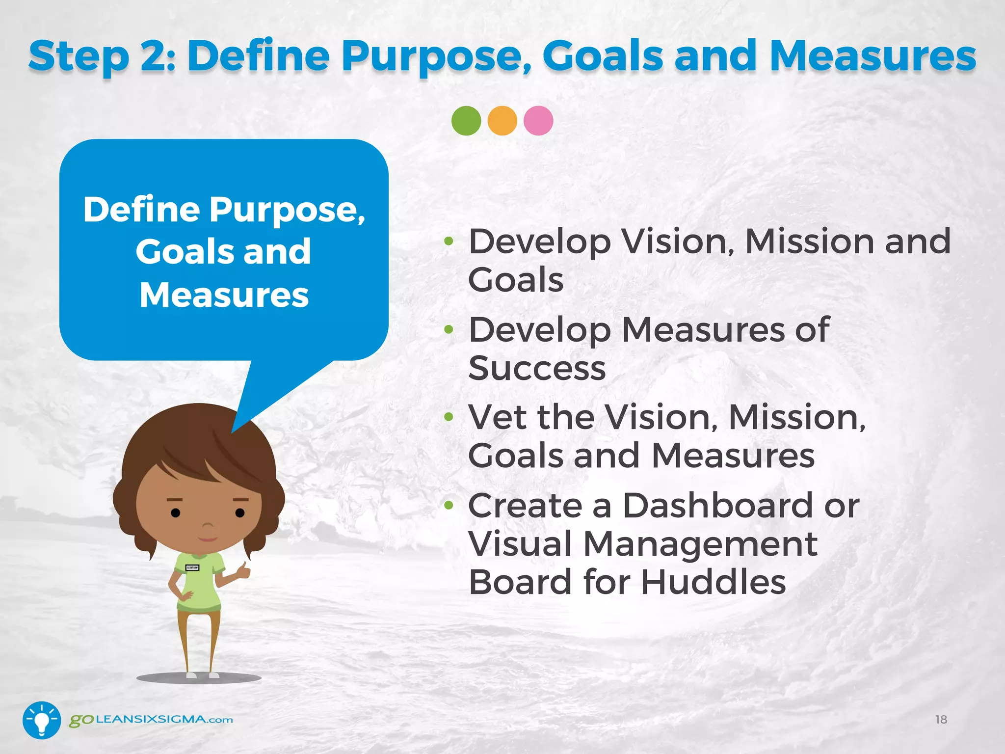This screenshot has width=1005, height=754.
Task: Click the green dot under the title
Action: point(466,121)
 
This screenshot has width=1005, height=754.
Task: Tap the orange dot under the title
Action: point(502,121)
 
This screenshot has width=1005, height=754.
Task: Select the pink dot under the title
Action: point(538,121)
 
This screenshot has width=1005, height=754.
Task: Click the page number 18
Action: point(941,720)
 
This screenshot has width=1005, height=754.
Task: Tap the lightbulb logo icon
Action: point(42,720)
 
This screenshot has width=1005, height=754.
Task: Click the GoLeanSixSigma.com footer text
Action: point(151,720)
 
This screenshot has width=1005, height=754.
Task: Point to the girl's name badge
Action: point(192,568)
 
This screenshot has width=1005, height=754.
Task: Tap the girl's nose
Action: point(208,528)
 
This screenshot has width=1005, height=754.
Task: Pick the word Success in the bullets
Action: point(537,368)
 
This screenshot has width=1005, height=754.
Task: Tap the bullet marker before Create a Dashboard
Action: point(449,505)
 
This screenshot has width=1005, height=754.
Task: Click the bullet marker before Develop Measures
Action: point(449,329)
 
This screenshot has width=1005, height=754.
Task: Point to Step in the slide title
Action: point(79,56)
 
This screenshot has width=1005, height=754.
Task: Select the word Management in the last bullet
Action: point(700,544)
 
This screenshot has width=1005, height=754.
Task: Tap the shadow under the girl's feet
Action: point(199,678)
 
